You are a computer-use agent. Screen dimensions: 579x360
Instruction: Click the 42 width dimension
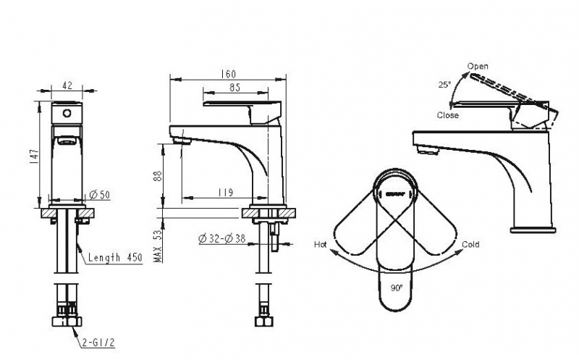tap(67, 85)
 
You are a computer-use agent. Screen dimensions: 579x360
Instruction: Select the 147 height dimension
tap(34, 154)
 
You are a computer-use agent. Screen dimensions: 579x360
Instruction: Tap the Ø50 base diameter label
tap(100, 194)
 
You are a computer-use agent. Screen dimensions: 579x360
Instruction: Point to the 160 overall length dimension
tap(228, 74)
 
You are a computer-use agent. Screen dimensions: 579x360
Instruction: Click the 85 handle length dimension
tap(234, 87)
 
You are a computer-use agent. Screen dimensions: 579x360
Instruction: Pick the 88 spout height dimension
tap(157, 176)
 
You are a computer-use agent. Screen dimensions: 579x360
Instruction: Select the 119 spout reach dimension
tap(226, 193)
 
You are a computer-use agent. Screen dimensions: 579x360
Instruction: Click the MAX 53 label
tap(158, 246)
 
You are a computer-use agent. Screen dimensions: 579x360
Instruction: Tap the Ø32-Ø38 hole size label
tap(222, 239)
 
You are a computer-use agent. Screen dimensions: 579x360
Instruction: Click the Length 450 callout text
tap(115, 257)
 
